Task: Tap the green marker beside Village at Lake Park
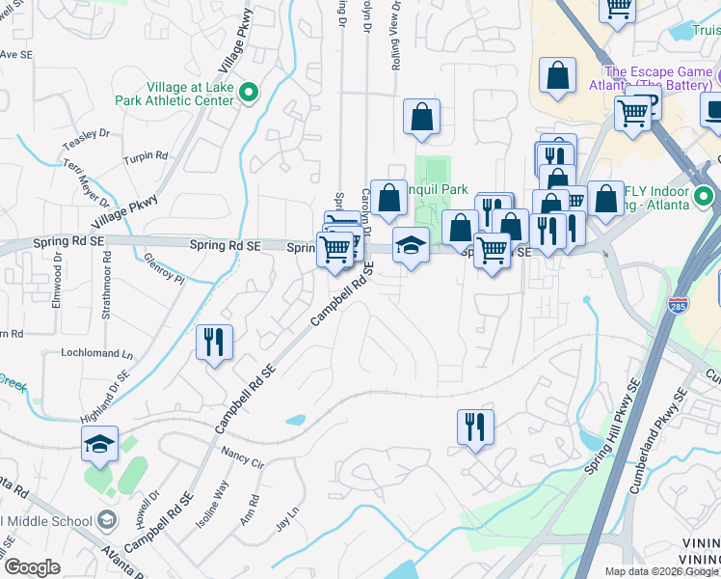[249, 93]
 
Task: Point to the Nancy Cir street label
[243, 456]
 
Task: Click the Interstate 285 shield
[680, 303]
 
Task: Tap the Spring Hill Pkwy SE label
[612, 426]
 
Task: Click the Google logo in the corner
[32, 567]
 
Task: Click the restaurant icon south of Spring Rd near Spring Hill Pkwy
[474, 426]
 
